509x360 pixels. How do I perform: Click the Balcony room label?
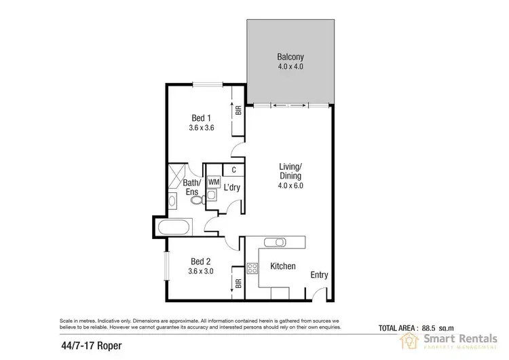tap(290, 57)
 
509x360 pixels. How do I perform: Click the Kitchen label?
tap(282, 266)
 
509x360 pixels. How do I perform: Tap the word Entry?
tap(319, 275)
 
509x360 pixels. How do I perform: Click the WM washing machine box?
tap(213, 182)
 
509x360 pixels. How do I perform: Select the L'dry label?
tap(232, 187)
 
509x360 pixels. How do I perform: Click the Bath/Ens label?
tap(192, 187)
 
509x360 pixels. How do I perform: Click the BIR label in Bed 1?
tap(238, 109)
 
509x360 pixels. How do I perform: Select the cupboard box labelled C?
tap(233, 170)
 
